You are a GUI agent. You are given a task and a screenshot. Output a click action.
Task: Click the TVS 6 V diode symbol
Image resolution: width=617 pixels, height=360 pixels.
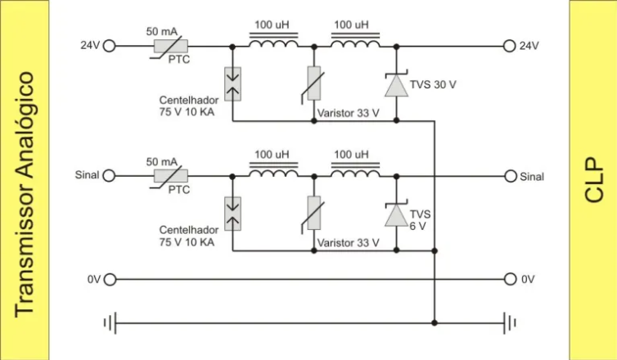[x=396, y=214]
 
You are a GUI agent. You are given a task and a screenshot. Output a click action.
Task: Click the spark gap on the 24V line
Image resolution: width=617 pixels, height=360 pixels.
[x=232, y=83]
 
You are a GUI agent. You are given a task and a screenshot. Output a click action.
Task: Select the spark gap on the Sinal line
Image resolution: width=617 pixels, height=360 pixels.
[x=232, y=213]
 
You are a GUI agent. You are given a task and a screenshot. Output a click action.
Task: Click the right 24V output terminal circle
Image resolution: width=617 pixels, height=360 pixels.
[x=511, y=46]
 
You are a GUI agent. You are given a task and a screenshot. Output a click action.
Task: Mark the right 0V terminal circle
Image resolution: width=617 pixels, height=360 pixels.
[x=511, y=279]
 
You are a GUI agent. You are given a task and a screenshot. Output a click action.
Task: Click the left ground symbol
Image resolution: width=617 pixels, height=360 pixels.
[x=109, y=322]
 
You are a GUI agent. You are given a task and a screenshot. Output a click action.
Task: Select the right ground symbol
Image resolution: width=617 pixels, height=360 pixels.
[x=511, y=322]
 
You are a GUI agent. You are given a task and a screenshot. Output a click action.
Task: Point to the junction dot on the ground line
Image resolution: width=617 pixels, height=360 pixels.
[x=435, y=322]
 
